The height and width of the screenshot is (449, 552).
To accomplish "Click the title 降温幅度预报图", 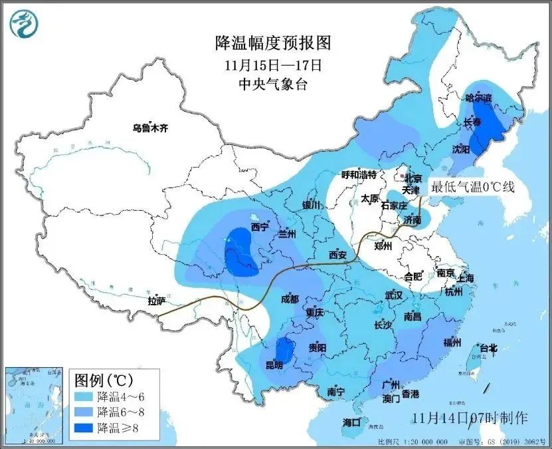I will point(273,44).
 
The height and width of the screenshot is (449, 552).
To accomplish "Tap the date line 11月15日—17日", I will point(273,65).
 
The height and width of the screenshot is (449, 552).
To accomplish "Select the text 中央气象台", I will point(273,84).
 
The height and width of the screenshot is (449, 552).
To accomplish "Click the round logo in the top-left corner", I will point(24,24).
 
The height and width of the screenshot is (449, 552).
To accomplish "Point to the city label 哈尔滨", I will point(478,98).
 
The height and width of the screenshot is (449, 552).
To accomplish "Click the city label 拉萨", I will point(157,301).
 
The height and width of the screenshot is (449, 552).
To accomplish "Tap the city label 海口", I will point(351,422).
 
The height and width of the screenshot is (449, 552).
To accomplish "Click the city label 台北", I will point(488,347).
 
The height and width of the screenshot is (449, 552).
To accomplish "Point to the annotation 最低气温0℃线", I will point(473,187).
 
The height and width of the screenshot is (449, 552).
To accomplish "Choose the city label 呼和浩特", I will point(359,175).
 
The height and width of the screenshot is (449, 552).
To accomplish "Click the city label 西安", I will point(337,255).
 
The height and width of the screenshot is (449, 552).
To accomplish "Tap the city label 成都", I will point(290,299).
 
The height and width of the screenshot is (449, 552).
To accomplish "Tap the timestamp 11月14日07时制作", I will point(469,418).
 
